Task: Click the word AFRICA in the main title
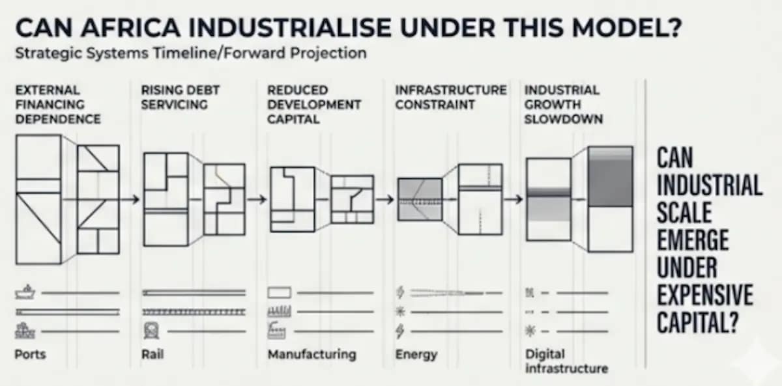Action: (x=130, y=27)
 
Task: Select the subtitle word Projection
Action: (x=328, y=53)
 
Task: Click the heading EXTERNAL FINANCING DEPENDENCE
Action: (x=58, y=105)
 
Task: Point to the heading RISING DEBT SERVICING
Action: (x=180, y=97)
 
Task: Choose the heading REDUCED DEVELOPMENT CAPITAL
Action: (x=314, y=105)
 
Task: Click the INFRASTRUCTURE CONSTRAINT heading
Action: (x=451, y=97)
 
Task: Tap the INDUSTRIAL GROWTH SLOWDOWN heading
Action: (x=564, y=105)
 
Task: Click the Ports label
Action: (x=30, y=354)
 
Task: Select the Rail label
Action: (x=152, y=354)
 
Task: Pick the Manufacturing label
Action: (x=311, y=355)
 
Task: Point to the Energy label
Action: (x=416, y=355)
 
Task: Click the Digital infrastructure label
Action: (x=566, y=361)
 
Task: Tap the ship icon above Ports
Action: (x=25, y=292)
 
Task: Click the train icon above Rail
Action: (x=151, y=331)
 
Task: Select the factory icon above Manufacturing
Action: (x=277, y=331)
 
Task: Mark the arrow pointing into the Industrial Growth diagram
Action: (x=514, y=199)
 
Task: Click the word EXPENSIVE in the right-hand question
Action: (x=705, y=295)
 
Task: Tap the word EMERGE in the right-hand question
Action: (x=693, y=240)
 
